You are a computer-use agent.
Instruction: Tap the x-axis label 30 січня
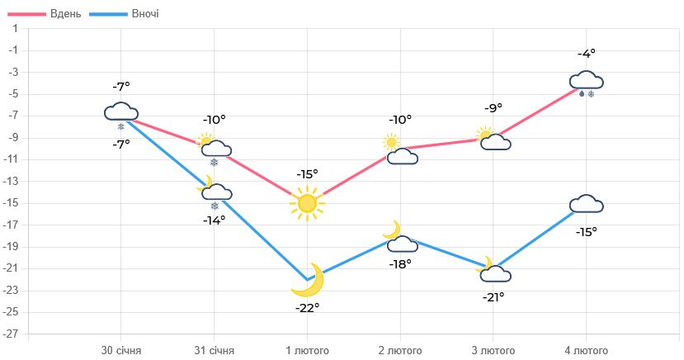click(x=121, y=350)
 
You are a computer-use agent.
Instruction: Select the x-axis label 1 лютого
click(x=307, y=350)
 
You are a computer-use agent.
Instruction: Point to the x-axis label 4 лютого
click(x=586, y=350)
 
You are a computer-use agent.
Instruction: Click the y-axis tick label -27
click(x=12, y=334)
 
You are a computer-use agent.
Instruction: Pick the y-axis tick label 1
click(x=14, y=29)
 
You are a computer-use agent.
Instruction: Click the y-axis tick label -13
click(x=12, y=181)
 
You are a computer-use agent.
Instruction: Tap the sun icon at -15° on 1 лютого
click(x=307, y=203)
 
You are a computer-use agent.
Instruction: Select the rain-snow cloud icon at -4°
click(x=587, y=83)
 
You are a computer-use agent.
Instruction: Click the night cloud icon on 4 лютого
click(x=586, y=204)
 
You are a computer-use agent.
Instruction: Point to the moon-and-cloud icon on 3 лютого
click(x=493, y=270)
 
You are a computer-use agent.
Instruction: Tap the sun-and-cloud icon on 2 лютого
click(x=400, y=150)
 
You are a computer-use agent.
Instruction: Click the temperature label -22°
click(x=307, y=307)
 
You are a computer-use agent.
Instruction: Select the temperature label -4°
click(x=586, y=54)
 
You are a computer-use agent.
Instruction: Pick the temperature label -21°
click(x=493, y=297)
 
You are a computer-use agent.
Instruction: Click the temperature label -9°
click(x=493, y=108)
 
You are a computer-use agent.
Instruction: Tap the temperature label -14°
click(x=215, y=220)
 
